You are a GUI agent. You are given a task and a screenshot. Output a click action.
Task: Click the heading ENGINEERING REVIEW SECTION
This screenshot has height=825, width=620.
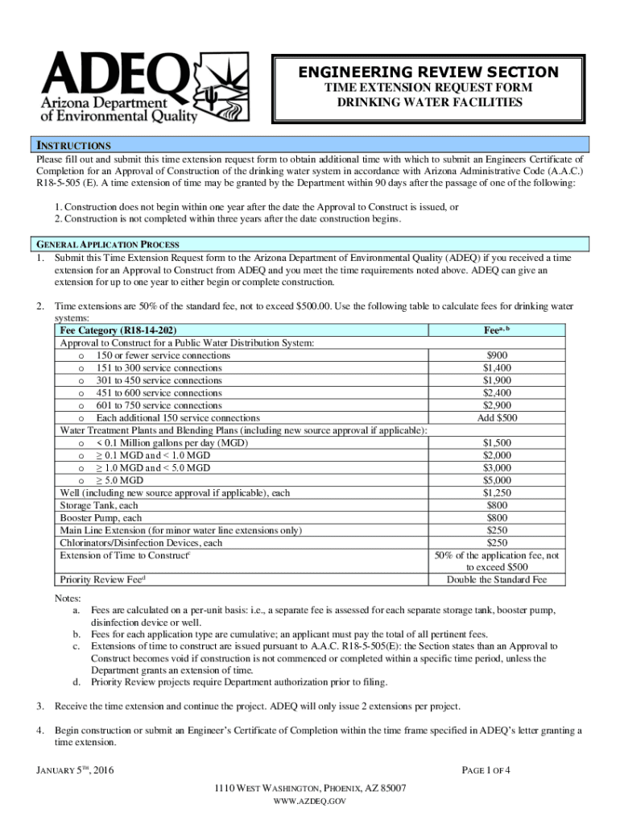coord(428,73)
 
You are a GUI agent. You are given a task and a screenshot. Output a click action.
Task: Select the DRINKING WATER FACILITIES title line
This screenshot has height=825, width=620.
coord(428,102)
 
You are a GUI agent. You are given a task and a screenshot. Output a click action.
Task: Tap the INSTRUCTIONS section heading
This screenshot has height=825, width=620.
coord(71,146)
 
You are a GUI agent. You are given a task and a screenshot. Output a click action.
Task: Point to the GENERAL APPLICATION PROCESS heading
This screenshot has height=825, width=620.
coord(107,244)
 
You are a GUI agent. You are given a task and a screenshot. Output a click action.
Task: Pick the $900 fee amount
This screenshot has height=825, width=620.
coord(497,355)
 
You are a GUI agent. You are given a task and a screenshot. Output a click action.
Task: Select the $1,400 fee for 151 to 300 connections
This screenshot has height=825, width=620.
coord(497,367)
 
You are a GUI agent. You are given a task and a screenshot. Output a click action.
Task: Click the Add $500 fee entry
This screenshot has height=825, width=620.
coord(497,417)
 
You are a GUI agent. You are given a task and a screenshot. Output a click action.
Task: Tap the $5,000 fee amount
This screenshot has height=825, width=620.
coord(497,480)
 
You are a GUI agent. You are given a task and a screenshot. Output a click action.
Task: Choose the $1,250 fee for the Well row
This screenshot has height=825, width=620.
coord(497,493)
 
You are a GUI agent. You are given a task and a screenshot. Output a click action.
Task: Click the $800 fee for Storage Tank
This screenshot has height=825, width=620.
coord(497,505)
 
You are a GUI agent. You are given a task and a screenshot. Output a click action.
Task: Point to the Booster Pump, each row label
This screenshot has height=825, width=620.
coord(101,518)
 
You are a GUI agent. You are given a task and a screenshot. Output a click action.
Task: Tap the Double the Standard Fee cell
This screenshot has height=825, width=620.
coord(497,579)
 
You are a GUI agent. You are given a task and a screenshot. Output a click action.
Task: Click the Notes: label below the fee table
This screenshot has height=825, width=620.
coord(68,598)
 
